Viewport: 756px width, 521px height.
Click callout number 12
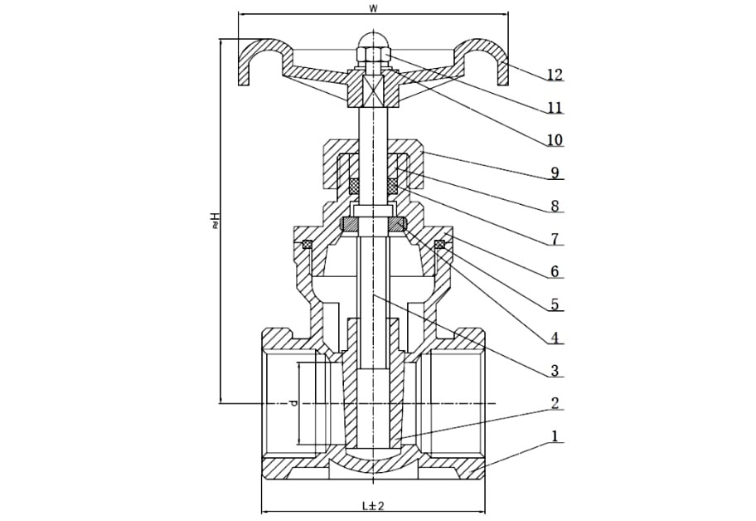[x=555, y=75]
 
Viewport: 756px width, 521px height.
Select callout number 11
[x=555, y=107]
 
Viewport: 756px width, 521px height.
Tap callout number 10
[x=555, y=140]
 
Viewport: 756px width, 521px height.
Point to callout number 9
[x=555, y=173]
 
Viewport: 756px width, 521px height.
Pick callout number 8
[x=555, y=206]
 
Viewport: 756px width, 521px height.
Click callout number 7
[x=555, y=239]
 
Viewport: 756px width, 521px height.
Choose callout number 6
[x=555, y=271]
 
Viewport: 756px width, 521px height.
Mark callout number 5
[x=555, y=304]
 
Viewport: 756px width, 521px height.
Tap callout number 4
[x=555, y=338]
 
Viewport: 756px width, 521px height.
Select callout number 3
[x=555, y=371]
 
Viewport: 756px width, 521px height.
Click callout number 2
[x=555, y=403]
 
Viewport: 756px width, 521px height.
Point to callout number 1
[x=555, y=436]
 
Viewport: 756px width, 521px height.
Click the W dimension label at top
[x=373, y=8]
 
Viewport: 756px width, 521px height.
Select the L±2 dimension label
[x=373, y=505]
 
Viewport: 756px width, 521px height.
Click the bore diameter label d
[x=293, y=403]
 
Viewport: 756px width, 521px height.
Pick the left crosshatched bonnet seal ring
[x=307, y=245]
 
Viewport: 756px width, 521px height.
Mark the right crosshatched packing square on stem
[x=393, y=185]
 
